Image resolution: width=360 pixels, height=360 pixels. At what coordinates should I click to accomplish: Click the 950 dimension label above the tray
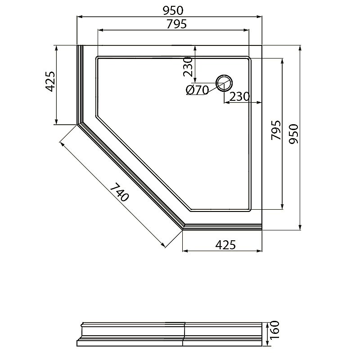point(173,10)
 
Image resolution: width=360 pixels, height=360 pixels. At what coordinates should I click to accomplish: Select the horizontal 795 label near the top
point(176,24)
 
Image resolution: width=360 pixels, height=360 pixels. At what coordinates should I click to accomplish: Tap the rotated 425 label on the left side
point(50,81)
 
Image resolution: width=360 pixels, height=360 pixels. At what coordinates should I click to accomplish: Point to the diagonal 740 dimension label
point(119,192)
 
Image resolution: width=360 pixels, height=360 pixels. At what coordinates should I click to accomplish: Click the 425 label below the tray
point(225,245)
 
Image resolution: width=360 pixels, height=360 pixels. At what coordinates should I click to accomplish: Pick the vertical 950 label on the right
point(293,134)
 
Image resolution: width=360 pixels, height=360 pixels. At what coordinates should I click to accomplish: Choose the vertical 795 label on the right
point(276,130)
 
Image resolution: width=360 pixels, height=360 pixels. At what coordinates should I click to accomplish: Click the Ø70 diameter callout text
point(197,90)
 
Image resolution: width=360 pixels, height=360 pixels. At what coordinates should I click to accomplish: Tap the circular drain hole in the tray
point(224,83)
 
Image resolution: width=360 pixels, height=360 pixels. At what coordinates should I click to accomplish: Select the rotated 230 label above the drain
point(188,67)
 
